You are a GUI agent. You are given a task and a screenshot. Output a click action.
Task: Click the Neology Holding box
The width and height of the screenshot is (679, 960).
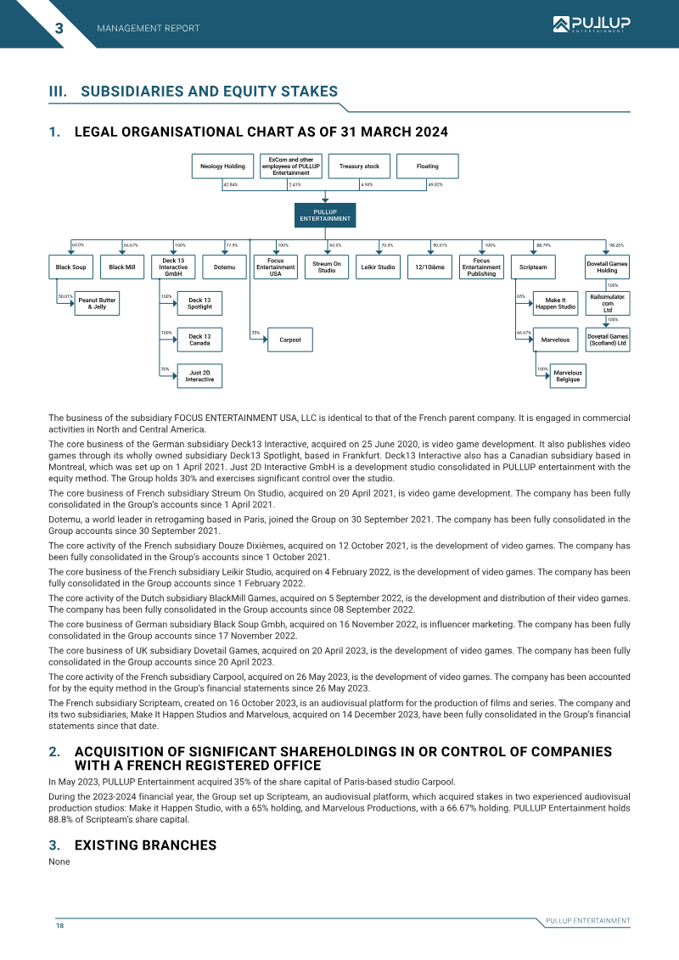coord(222,166)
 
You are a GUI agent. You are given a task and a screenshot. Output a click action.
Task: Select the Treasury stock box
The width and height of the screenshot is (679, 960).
coord(359,166)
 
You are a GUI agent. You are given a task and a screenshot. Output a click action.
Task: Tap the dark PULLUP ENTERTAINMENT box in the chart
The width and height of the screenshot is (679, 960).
coord(325,216)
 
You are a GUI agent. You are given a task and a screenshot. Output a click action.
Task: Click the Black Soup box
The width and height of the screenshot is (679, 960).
coord(71,267)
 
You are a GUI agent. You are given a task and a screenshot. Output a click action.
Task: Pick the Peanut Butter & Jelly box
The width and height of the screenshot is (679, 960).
coord(97,304)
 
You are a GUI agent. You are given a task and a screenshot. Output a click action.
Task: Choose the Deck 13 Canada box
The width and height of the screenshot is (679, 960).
coord(199,340)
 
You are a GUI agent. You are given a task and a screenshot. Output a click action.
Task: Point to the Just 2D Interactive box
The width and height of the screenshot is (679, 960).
coord(199,376)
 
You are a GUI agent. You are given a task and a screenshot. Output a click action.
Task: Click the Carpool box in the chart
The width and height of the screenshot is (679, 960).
coord(290,340)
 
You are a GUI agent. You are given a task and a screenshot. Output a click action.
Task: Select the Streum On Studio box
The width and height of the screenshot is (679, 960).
coord(327,267)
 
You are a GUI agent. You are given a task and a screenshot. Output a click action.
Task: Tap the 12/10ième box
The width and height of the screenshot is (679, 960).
coord(429,267)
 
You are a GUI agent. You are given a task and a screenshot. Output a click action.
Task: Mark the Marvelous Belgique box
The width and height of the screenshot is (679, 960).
coord(568,376)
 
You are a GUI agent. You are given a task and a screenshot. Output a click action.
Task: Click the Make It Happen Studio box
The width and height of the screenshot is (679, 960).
coord(555,304)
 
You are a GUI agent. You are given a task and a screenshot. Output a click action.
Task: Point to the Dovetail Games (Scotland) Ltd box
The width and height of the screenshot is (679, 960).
coord(608,340)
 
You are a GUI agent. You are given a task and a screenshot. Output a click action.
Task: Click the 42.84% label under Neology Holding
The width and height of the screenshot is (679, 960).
coord(230,184)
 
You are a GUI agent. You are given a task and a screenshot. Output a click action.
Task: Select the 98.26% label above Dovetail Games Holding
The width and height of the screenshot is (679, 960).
coord(616,245)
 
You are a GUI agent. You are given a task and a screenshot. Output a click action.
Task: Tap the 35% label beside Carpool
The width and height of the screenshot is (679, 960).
coord(255,333)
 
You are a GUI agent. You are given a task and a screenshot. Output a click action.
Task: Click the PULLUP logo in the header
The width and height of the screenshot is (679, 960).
coord(592,24)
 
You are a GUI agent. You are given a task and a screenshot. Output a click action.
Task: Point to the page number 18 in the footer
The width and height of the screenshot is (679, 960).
coord(60,925)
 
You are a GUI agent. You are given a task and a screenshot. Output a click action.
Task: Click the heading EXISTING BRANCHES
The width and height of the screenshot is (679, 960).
coord(146,845)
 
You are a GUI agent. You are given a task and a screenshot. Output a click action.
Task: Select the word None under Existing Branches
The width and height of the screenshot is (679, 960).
coord(59,862)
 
